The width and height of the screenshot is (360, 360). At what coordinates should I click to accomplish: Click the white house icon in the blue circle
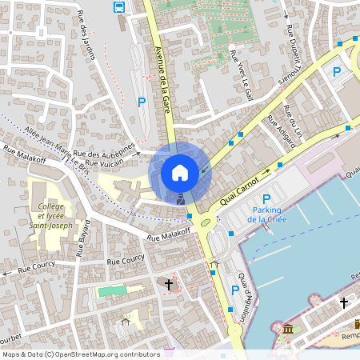[180, 172]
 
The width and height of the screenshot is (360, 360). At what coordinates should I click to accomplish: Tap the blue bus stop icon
[119, 8]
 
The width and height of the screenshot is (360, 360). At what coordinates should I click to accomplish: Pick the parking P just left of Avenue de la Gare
[142, 102]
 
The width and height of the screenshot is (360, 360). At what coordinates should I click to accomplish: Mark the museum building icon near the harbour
[286, 329]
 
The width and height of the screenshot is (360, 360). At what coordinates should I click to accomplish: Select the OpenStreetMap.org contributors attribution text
[116, 354]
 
